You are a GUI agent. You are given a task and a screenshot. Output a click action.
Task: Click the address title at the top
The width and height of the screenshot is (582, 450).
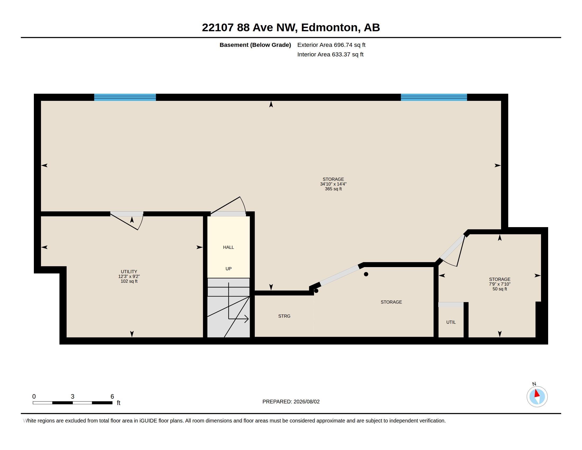click(291, 28)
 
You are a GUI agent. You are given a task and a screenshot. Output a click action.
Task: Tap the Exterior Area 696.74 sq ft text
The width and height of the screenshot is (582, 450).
click(331, 45)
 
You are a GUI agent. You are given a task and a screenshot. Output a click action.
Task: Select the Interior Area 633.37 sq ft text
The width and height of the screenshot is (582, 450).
click(330, 54)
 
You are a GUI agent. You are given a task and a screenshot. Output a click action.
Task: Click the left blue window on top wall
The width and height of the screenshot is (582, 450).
click(125, 97)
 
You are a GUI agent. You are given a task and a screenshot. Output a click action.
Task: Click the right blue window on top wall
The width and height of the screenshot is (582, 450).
click(434, 97)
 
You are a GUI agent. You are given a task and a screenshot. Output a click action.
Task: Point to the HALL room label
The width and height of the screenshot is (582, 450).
click(228, 247)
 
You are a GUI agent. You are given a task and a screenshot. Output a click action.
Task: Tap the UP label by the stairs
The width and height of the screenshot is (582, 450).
click(228, 269)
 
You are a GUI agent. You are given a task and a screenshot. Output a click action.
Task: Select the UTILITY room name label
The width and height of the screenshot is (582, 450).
click(129, 272)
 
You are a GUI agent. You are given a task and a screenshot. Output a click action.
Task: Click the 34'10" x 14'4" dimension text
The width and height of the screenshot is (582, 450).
click(333, 184)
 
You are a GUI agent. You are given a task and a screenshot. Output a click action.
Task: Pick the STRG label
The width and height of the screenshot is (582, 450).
click(284, 316)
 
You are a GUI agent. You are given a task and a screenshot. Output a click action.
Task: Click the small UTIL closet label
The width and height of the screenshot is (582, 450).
click(451, 322)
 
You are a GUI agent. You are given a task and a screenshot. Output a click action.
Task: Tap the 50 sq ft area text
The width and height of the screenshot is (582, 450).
click(500, 289)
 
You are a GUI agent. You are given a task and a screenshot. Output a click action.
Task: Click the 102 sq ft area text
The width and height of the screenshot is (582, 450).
click(129, 281)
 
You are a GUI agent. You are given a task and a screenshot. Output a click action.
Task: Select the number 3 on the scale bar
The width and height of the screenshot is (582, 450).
click(72, 397)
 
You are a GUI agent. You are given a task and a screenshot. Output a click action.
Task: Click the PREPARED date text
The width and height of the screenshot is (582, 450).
click(291, 402)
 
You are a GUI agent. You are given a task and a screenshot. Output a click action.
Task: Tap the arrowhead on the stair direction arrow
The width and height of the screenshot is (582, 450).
click(247, 319)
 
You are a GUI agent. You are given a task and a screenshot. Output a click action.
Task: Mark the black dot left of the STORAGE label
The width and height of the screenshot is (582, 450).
click(366, 274)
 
